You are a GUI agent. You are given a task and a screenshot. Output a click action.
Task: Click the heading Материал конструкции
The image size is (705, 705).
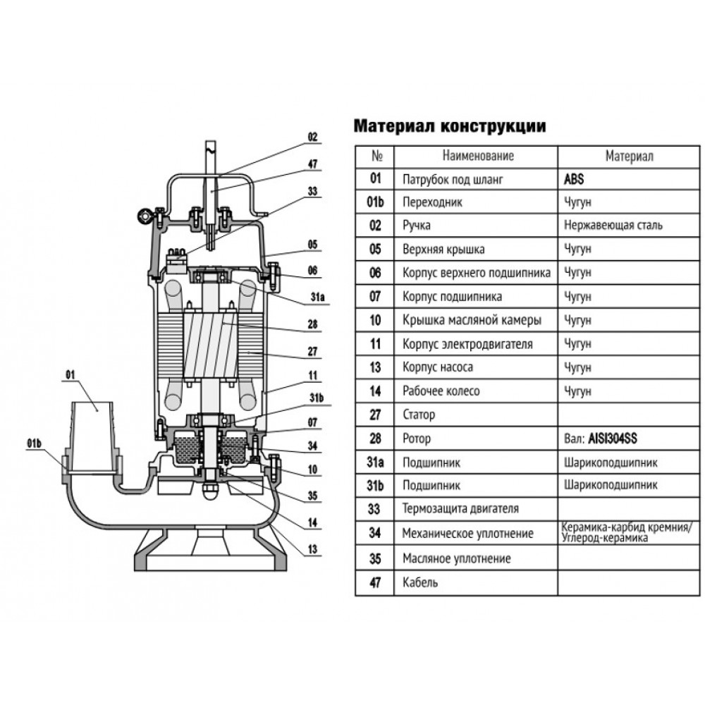[448, 126]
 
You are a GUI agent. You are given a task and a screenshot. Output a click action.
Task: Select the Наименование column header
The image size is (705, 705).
[478, 156]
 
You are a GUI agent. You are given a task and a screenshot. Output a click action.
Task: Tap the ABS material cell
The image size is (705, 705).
[574, 179]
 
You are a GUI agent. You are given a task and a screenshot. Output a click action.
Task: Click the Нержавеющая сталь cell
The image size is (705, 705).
[613, 226]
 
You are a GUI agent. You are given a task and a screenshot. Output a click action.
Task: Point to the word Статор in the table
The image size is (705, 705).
[418, 415]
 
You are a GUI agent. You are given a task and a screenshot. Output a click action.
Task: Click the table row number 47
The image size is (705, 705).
[375, 582]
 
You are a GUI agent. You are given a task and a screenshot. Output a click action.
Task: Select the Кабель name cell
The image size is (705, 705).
[420, 582]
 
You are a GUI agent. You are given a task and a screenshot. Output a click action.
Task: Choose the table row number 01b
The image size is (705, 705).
[375, 202]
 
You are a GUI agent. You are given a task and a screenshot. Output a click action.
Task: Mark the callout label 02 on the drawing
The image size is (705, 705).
[313, 137]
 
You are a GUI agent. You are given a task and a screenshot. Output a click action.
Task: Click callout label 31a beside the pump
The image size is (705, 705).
[317, 298]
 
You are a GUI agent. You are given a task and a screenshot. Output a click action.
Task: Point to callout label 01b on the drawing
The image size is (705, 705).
[35, 443]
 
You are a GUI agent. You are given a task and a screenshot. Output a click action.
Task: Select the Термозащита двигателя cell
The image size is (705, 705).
[460, 508]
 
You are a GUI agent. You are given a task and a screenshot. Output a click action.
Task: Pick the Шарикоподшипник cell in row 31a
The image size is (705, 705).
[611, 463]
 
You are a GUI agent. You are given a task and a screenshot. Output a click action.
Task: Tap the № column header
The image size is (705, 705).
[375, 156]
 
